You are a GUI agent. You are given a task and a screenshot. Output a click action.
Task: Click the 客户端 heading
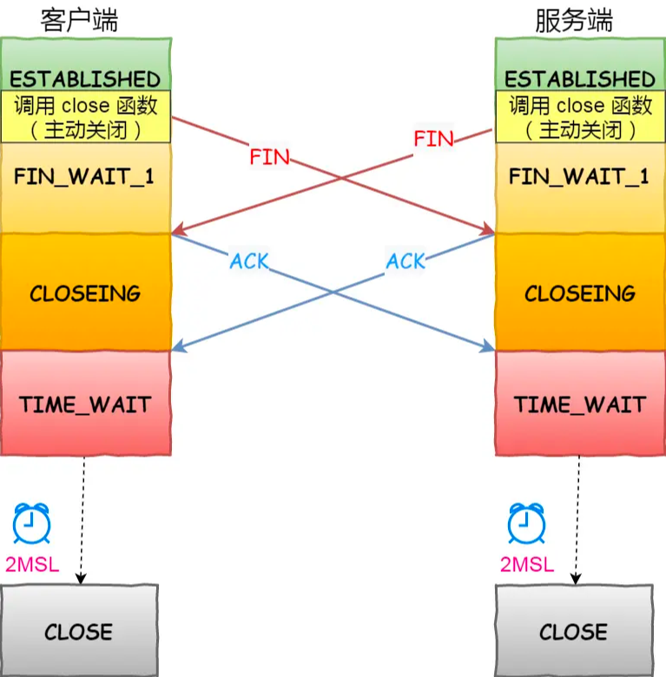(x=79, y=20)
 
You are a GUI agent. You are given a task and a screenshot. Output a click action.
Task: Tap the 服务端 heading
(x=574, y=20)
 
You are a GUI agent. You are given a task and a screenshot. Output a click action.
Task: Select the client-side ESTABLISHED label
(x=85, y=80)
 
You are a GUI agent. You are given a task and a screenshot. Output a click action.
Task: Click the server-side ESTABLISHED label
(x=580, y=80)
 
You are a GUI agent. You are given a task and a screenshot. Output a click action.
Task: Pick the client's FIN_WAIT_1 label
(x=84, y=177)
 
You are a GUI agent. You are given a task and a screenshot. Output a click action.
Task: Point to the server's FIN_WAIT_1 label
(x=579, y=177)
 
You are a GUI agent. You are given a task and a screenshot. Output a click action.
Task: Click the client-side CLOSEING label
(x=85, y=293)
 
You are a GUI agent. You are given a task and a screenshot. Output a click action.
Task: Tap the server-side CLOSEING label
(x=580, y=293)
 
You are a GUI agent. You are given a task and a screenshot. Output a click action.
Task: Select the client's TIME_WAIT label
(x=85, y=405)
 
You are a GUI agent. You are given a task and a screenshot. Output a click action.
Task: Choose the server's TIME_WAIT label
(x=580, y=405)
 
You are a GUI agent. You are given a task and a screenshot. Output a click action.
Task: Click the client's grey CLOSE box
(x=80, y=630)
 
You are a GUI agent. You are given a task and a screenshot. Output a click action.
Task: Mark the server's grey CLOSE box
(x=574, y=630)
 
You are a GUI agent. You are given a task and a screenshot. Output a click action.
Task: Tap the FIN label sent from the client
(x=269, y=157)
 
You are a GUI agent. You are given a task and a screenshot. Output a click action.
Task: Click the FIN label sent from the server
(x=433, y=139)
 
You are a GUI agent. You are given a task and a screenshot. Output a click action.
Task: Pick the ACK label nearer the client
(x=249, y=261)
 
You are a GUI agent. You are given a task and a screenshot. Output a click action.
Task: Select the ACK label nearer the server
(x=406, y=261)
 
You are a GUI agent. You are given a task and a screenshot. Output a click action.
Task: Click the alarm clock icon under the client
(x=31, y=523)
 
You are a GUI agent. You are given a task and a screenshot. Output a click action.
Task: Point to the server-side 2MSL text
(x=527, y=565)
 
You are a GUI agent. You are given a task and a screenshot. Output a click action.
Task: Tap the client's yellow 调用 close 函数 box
(x=85, y=116)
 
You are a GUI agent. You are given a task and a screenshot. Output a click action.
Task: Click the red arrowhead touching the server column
(x=489, y=229)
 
